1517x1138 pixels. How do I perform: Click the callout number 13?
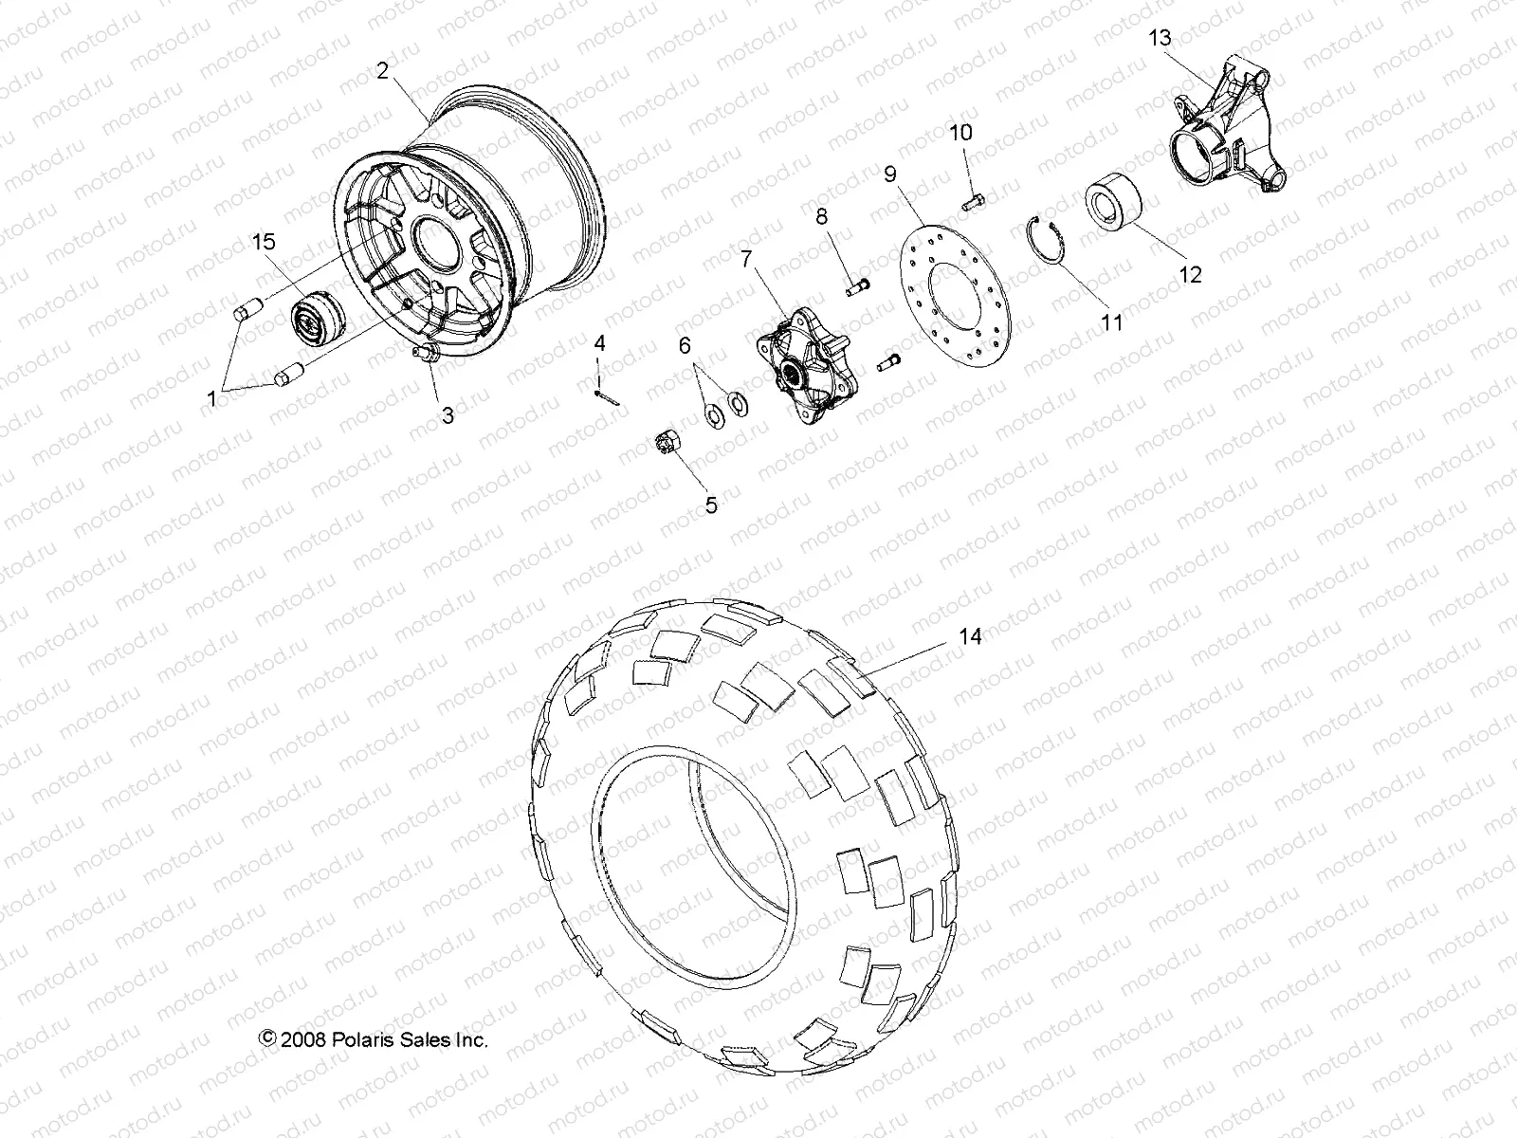1160,38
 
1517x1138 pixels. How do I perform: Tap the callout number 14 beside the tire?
969,637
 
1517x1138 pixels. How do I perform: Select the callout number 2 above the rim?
382,70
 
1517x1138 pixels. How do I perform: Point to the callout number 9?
890,174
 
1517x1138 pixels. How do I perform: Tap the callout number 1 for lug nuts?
211,400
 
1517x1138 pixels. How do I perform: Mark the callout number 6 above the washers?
685,346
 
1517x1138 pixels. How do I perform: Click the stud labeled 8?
859,284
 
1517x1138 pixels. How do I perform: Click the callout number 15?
264,243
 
